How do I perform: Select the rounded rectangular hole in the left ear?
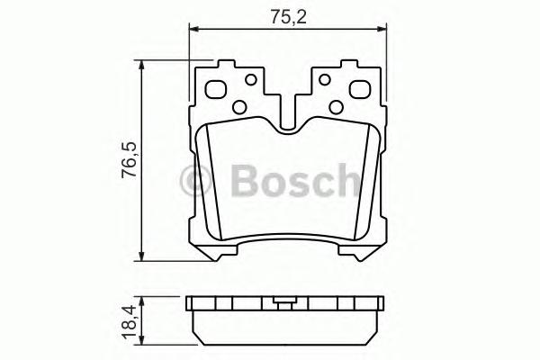point(216,90)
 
